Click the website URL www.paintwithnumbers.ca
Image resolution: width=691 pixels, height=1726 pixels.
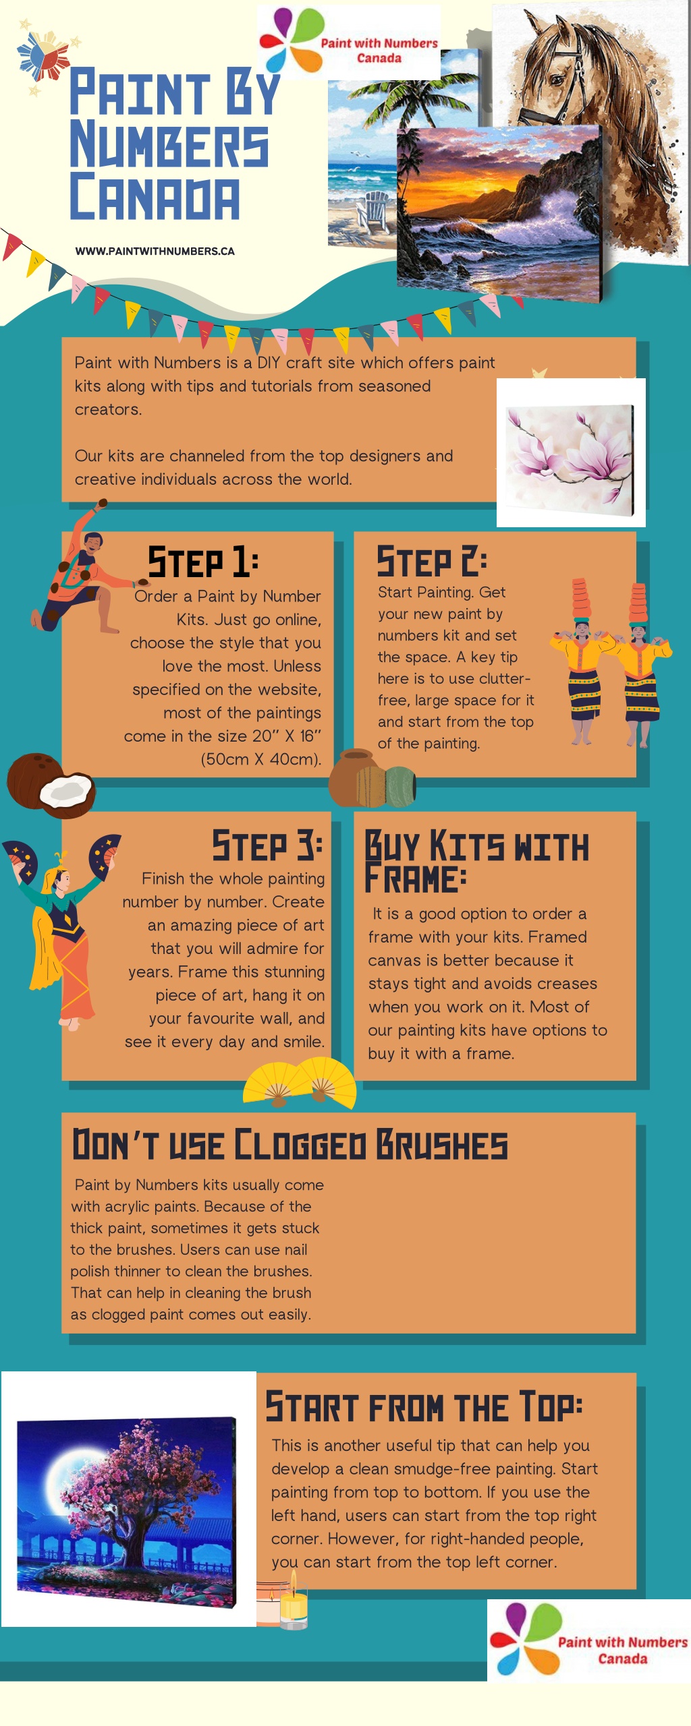coord(155,251)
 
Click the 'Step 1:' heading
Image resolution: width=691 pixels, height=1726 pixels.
coord(203,562)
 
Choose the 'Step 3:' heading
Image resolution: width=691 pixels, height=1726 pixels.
coord(267,845)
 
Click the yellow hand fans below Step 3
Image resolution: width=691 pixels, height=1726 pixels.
coord(300,1083)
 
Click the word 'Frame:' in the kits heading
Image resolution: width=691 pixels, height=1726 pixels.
coord(415,879)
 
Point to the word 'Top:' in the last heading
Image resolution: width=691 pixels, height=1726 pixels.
coord(551,1406)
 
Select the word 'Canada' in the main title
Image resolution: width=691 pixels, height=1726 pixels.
coord(155,196)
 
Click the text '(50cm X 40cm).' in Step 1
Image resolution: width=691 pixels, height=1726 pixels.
coord(260,759)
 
